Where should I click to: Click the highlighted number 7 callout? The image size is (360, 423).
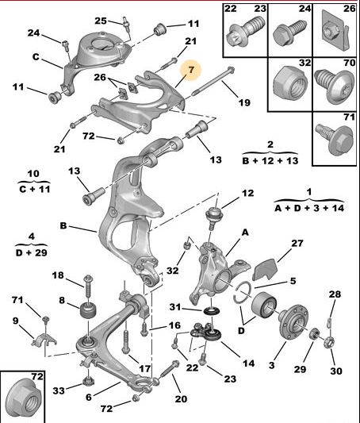[x=191, y=70]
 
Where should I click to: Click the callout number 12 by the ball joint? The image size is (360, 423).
[x=247, y=193]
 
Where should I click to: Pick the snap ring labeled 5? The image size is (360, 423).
[x=243, y=293]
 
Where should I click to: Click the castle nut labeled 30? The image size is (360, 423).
[x=330, y=342]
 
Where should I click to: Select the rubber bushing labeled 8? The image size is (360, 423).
[x=89, y=311]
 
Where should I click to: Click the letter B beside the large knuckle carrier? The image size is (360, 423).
[x=63, y=225]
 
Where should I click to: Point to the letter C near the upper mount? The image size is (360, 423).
[x=36, y=57]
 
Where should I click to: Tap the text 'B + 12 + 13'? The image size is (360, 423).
[x=270, y=161]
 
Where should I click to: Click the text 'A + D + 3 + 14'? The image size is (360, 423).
[x=309, y=208]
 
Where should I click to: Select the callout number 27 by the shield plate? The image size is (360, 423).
[x=297, y=244]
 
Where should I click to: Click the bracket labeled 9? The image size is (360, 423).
[x=44, y=340]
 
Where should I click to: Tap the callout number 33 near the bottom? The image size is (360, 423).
[x=59, y=390]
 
